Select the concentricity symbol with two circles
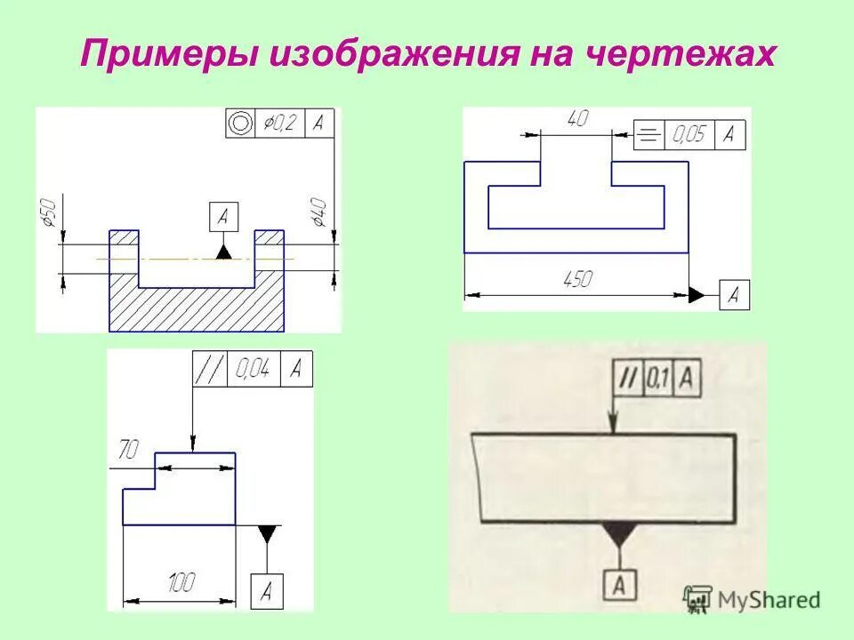[238, 124]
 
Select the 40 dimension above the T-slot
[576, 118]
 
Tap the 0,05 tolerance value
[688, 135]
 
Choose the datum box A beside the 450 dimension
[734, 295]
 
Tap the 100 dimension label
[181, 585]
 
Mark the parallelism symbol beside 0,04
[212, 369]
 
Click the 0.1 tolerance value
[657, 380]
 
